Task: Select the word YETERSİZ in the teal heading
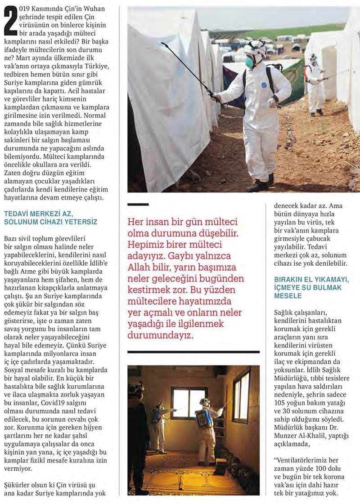coord(81,222)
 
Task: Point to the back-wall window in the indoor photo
coord(189,402)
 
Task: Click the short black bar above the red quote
coord(138,205)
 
